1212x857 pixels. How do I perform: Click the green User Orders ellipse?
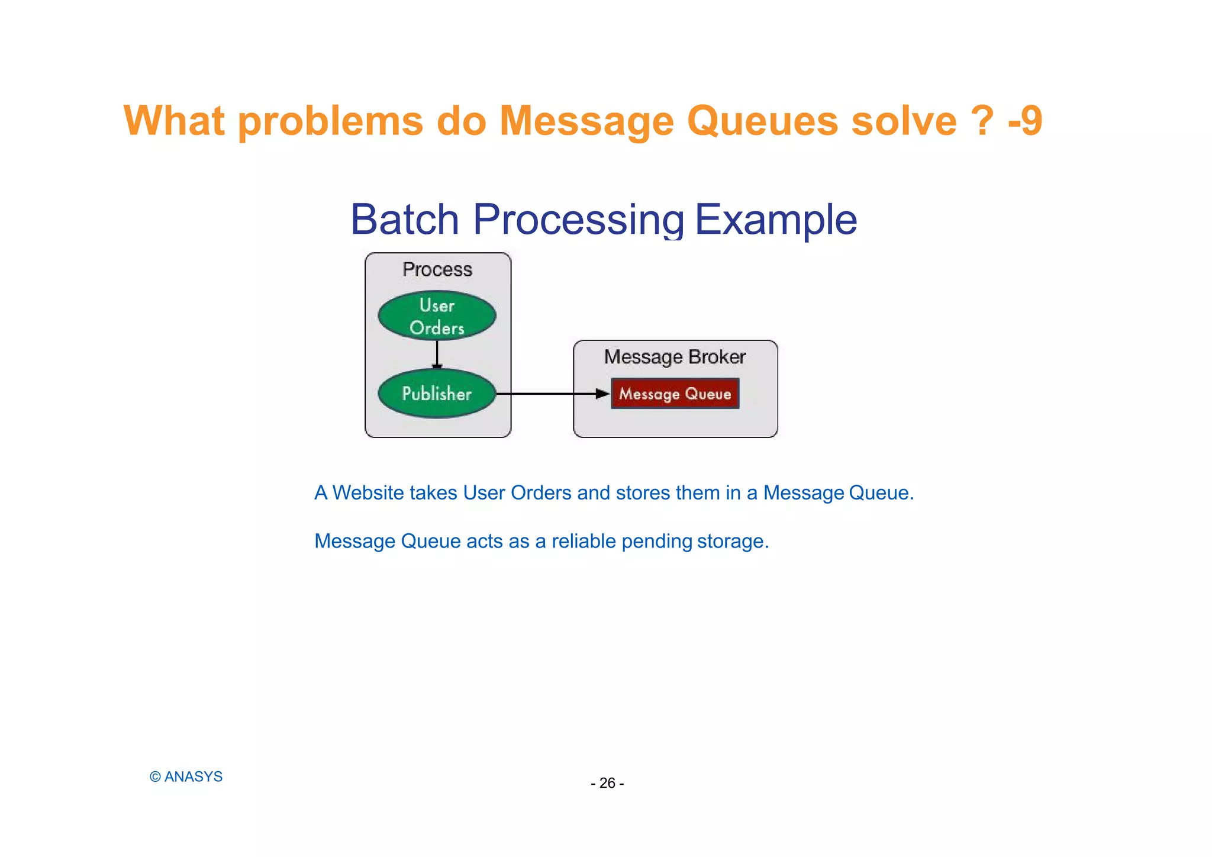(437, 316)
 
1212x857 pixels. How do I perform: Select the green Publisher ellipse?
(437, 394)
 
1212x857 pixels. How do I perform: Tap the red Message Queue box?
(675, 394)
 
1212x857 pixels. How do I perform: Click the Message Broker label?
(675, 357)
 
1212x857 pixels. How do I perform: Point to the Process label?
(437, 270)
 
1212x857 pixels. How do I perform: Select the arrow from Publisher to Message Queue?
(550, 394)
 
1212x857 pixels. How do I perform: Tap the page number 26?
(607, 783)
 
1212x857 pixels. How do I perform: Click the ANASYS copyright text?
(186, 777)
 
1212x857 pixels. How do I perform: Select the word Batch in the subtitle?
(405, 220)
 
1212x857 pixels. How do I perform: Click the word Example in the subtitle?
(775, 220)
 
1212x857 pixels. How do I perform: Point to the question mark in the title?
(982, 121)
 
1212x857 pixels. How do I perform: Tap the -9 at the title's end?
(1025, 121)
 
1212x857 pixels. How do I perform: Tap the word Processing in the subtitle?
(579, 220)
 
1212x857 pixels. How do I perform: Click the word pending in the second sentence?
(656, 541)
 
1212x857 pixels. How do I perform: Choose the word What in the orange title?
(174, 121)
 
